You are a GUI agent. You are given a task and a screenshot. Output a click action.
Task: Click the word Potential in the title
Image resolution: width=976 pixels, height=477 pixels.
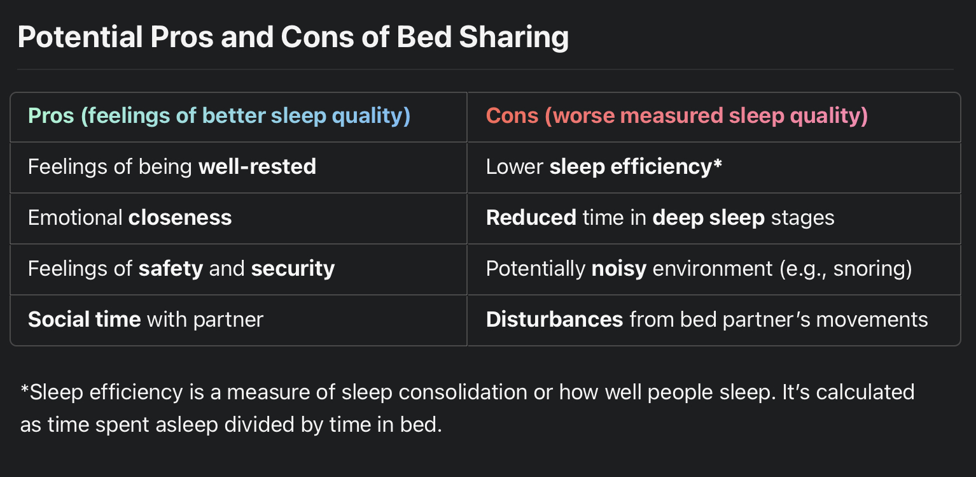(x=80, y=38)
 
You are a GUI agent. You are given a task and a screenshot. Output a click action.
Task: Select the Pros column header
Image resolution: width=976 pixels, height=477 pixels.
(x=219, y=116)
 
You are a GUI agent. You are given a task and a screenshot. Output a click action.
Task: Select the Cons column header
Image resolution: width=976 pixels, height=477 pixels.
(x=676, y=116)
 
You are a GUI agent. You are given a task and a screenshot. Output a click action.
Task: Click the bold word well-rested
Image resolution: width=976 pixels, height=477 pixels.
(x=257, y=167)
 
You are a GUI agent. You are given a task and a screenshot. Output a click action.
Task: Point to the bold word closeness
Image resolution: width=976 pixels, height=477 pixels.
(x=180, y=218)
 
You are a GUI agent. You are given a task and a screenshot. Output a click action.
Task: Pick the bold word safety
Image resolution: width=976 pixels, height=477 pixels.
(x=171, y=269)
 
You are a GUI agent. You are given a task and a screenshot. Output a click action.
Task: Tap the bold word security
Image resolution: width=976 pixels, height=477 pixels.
(x=293, y=269)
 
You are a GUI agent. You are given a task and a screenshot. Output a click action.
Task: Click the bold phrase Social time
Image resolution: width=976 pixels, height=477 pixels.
(x=84, y=319)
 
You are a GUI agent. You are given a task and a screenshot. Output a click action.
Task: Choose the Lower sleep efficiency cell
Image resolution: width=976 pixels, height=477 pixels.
(x=604, y=167)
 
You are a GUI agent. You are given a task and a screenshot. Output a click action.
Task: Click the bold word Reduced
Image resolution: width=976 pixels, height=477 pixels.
(x=531, y=218)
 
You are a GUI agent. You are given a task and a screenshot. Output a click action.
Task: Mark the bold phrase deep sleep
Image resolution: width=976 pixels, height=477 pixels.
(x=708, y=218)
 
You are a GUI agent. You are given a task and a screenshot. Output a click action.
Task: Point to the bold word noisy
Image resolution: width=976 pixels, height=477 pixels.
(x=618, y=269)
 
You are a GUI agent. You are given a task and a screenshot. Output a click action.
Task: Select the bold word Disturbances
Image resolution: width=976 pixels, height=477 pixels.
(x=554, y=319)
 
